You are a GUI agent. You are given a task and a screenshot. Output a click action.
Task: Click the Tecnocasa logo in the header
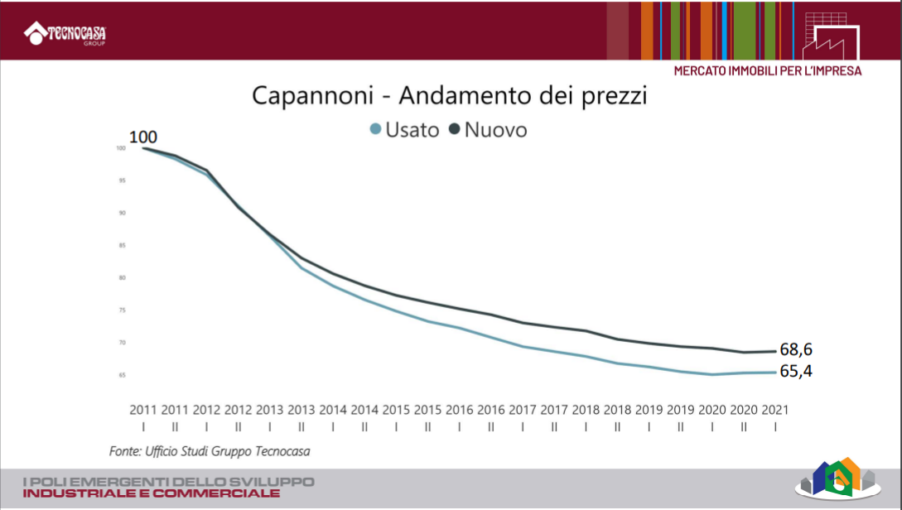pos(70,34)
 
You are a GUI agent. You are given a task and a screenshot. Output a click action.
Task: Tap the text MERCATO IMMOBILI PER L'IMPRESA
pos(767,71)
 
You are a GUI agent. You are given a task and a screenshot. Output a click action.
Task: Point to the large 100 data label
pos(142,137)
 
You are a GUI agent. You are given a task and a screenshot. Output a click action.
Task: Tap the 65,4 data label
pos(795,372)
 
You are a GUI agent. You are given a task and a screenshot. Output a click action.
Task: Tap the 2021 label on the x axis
pos(775,409)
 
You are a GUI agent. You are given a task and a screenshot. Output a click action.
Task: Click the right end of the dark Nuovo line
pos(774,351)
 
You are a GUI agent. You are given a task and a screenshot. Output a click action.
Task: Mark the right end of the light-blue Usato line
pos(774,373)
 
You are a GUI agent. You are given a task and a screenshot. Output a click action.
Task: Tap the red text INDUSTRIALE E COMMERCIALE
pos(152,493)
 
